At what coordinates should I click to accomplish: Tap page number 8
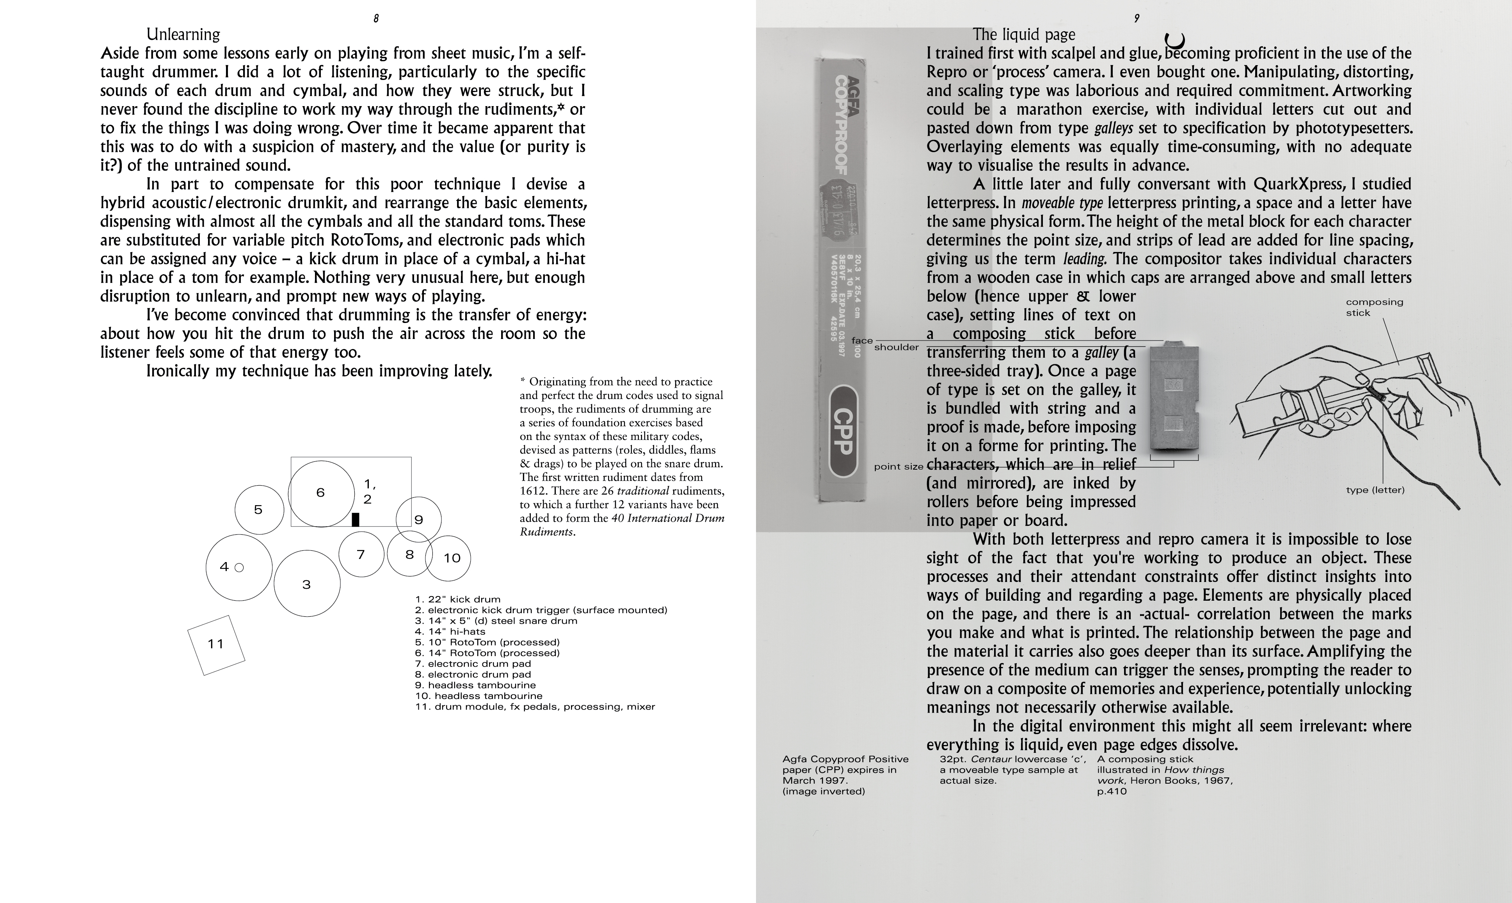[376, 18]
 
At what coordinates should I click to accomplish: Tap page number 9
[1137, 18]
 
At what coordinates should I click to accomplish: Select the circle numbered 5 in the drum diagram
[259, 510]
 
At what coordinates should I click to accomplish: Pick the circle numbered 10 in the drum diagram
[448, 558]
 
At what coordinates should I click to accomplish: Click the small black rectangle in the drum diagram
[356, 519]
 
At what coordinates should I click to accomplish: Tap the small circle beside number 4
[239, 567]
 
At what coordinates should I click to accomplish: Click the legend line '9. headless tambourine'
[475, 685]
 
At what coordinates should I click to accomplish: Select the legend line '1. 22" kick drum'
[458, 600]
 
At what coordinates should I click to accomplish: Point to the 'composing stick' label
[1374, 307]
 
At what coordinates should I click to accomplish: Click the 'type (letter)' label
[1375, 490]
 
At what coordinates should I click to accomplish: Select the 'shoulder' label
[896, 348]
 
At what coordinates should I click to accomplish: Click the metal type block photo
[1174, 402]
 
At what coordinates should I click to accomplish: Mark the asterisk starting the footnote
[522, 381]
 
